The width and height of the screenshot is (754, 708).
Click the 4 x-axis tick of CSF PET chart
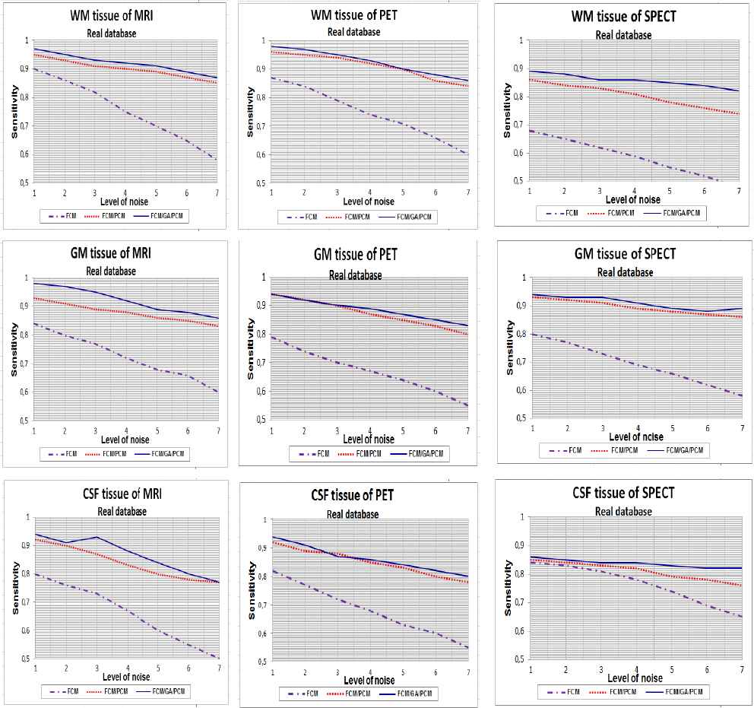click(x=370, y=671)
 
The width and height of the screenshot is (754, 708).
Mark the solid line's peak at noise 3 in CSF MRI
click(x=97, y=537)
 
